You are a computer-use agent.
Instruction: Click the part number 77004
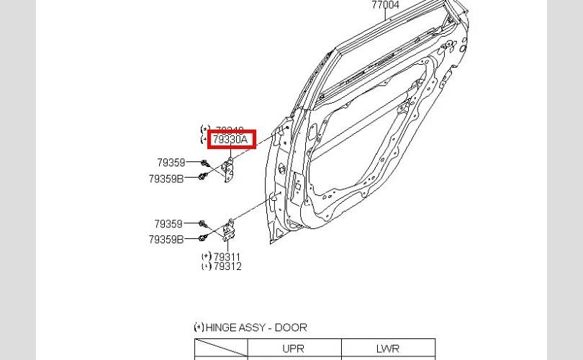(385, 5)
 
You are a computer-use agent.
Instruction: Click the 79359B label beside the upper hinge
(166, 178)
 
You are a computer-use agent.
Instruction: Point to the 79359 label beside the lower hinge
(168, 224)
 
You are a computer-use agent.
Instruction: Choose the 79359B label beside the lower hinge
(166, 239)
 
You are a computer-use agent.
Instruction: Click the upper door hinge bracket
(230, 171)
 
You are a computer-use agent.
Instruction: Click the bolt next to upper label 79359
(205, 163)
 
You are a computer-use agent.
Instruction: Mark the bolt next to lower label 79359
(202, 224)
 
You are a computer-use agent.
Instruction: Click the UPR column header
(294, 348)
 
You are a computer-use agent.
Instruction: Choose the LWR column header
(387, 348)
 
